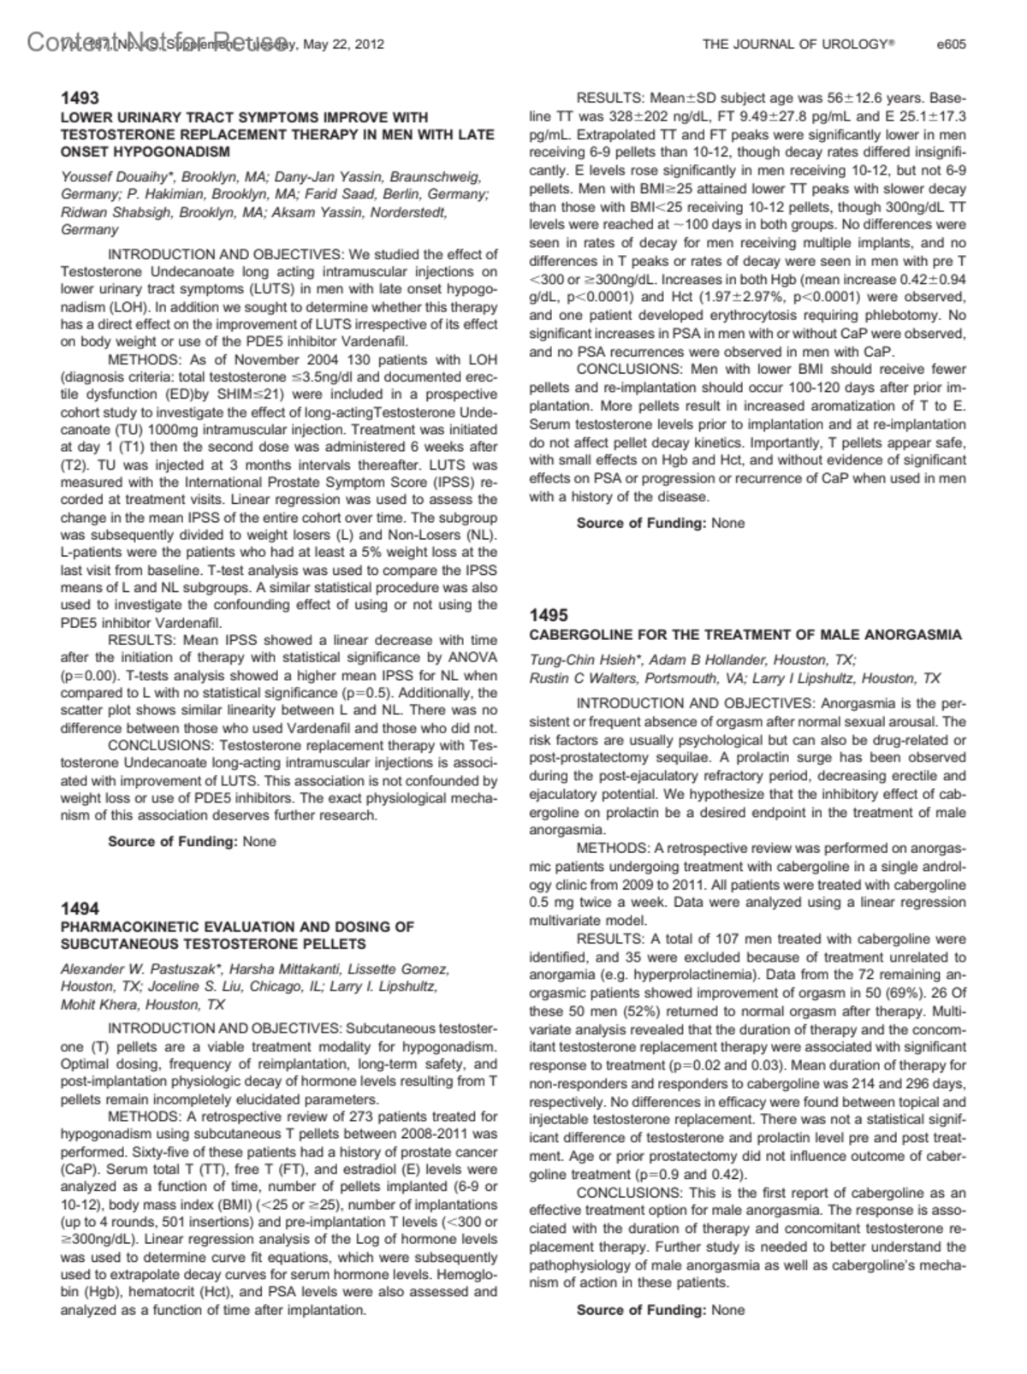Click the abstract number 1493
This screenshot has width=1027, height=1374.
[x=80, y=98]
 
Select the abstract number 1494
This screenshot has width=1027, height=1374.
[x=80, y=908]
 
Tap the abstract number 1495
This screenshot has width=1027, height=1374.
[x=549, y=615]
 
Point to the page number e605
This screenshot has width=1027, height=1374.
[x=952, y=44]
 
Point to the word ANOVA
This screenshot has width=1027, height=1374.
[x=474, y=657]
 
